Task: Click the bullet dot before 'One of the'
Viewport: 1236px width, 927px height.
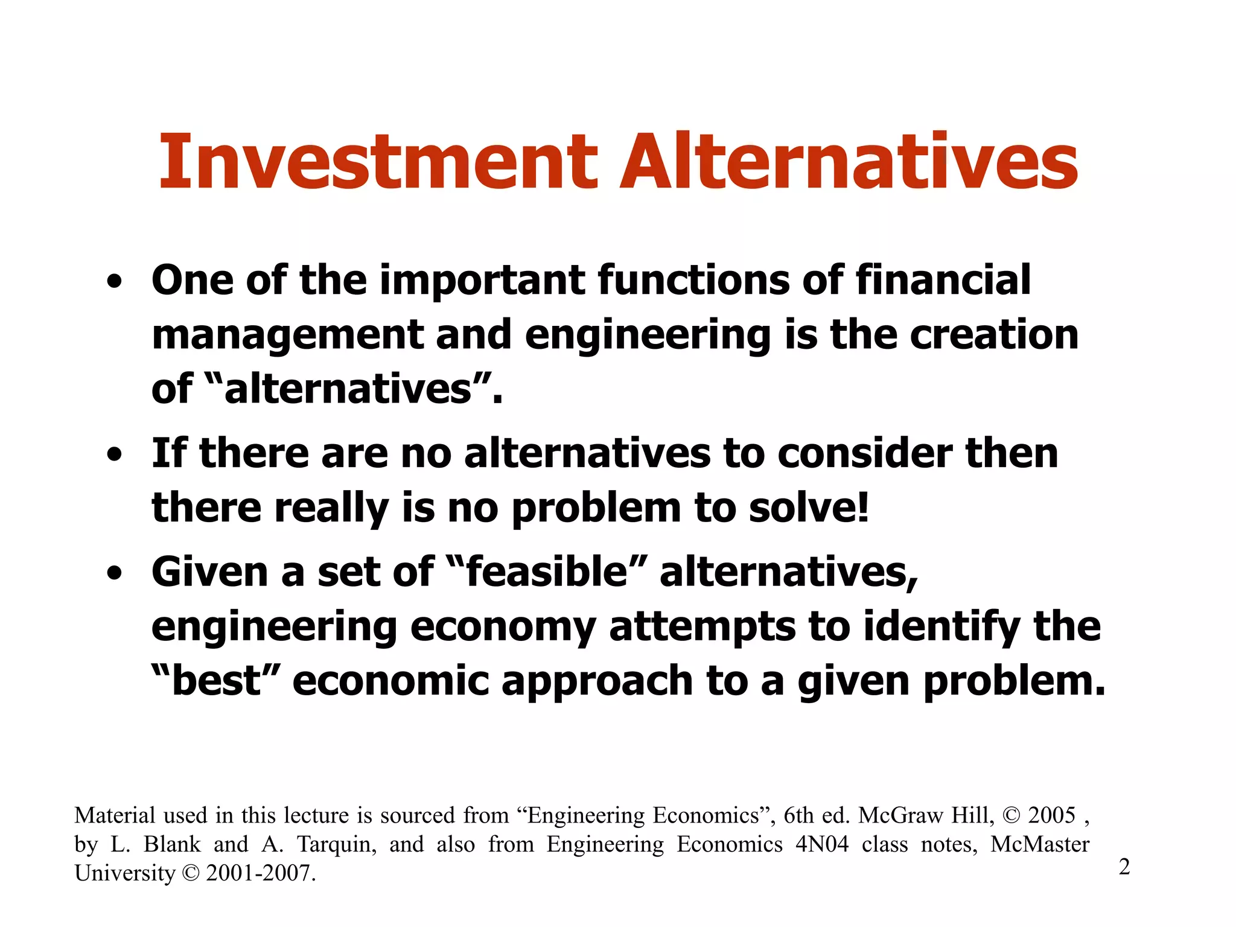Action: tap(114, 282)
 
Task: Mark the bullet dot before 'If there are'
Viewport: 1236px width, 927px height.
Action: tap(114, 455)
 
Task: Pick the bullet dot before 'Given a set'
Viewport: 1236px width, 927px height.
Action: tap(114, 573)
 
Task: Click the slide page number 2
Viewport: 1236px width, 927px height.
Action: tap(1124, 867)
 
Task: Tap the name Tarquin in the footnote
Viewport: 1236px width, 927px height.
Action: tap(336, 844)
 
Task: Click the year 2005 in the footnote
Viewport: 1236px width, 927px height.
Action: tap(1051, 815)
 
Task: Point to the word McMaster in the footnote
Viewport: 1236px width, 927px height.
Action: tap(1039, 844)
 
